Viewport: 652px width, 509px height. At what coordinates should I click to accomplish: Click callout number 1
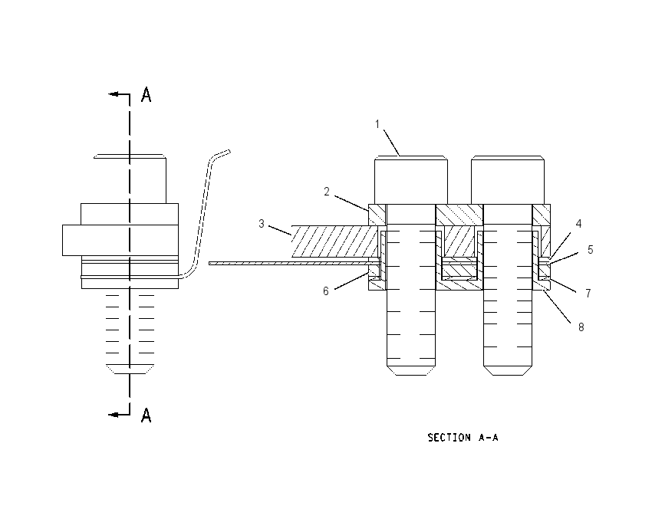(x=377, y=124)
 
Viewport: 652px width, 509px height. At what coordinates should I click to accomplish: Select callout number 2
(x=327, y=192)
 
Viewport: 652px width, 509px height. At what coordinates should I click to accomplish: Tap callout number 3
(x=261, y=224)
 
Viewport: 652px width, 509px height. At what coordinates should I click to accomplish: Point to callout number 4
(x=578, y=224)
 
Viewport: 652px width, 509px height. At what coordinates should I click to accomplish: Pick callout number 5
(x=590, y=249)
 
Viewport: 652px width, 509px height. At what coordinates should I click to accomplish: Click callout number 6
(x=325, y=291)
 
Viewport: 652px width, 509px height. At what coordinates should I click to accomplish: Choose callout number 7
(x=588, y=294)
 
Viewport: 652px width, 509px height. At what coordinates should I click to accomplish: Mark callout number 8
(x=581, y=327)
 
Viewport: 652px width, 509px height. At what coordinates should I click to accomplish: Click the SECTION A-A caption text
(x=463, y=437)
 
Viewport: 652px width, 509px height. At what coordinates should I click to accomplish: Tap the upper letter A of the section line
(x=146, y=94)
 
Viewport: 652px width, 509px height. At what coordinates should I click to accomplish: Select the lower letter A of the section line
(x=146, y=415)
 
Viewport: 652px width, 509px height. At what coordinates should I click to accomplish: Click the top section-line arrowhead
(x=113, y=94)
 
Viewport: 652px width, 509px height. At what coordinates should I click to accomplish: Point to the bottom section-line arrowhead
(x=113, y=414)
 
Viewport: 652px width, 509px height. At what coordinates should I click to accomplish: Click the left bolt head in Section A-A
(x=411, y=180)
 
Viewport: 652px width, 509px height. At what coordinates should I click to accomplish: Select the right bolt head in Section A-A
(x=508, y=180)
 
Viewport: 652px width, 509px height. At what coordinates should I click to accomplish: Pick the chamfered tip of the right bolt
(x=508, y=370)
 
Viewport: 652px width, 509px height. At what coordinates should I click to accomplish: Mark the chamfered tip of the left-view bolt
(x=130, y=369)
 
